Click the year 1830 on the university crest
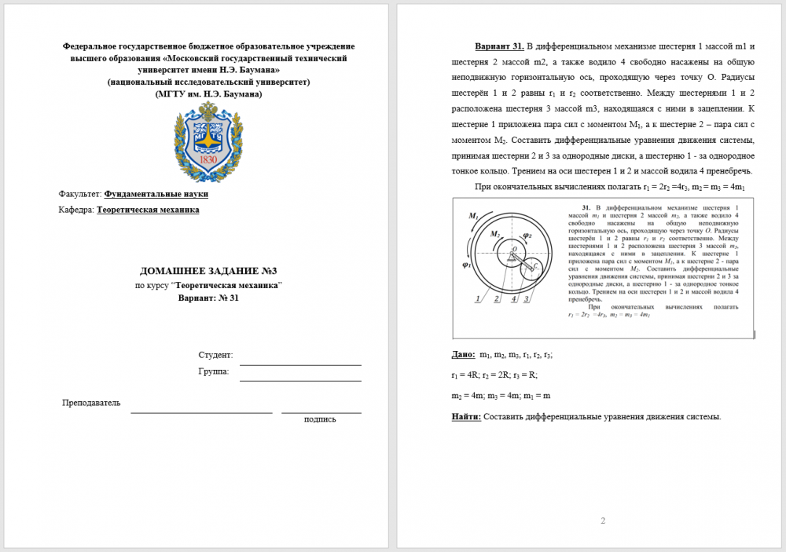pos(208,159)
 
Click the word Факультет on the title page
pos(79,193)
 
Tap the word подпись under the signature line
pos(320,419)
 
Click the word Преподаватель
pos(91,403)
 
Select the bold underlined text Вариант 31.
pos(499,46)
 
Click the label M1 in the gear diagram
pos(473,215)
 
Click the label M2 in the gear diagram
pos(495,233)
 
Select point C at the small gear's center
pos(535,266)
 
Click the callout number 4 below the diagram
pos(513,298)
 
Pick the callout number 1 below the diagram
pos(478,298)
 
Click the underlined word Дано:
pos(463,355)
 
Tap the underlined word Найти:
pos(466,416)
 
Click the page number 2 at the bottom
pos(603,521)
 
